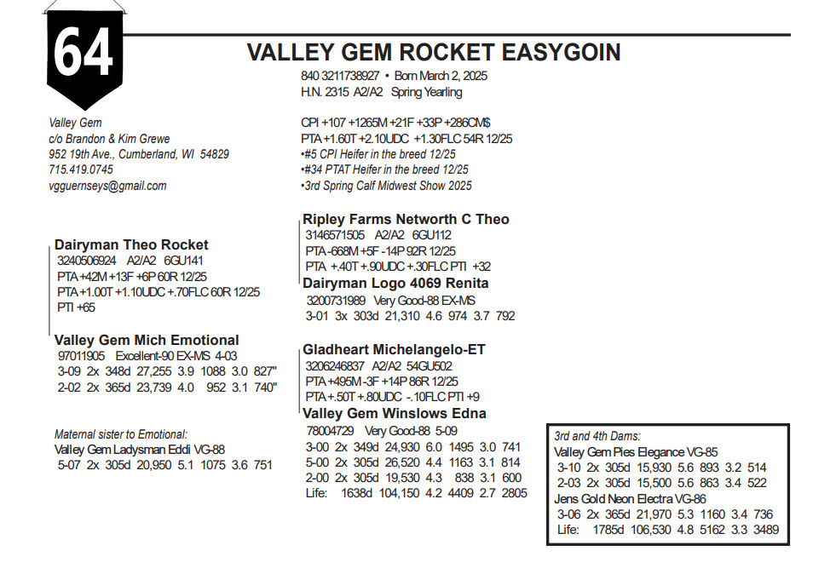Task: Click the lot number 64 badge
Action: click(x=84, y=53)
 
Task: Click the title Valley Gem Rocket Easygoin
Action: click(x=433, y=53)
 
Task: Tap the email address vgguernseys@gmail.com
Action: click(x=107, y=186)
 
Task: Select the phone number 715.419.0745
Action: click(x=82, y=170)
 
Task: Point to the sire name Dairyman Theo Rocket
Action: click(x=131, y=244)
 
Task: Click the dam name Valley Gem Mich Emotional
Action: click(x=147, y=340)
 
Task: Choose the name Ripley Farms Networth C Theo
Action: click(x=406, y=220)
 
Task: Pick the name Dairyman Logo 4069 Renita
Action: click(x=395, y=283)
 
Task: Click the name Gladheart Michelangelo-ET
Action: click(x=394, y=349)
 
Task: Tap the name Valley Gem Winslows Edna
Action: click(x=395, y=413)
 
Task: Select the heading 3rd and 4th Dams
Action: click(x=597, y=436)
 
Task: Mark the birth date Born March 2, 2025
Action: click(x=441, y=76)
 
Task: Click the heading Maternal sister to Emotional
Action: click(x=120, y=434)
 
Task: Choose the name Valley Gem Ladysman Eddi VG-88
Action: click(x=139, y=450)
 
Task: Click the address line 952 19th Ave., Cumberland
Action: click(x=139, y=155)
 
